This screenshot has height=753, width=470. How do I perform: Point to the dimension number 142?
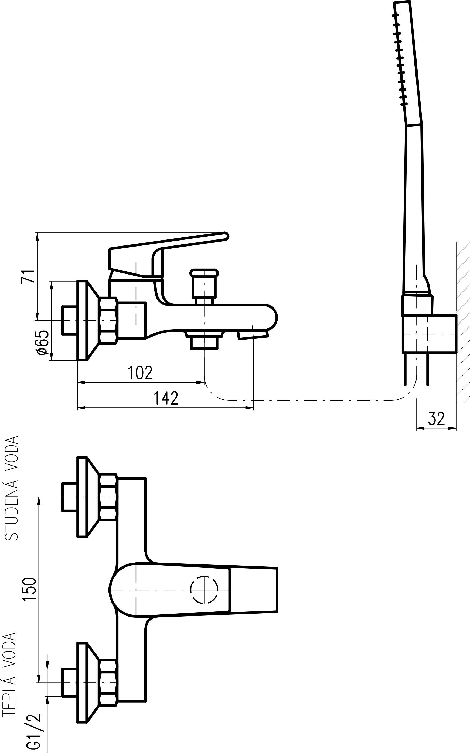pos(166,398)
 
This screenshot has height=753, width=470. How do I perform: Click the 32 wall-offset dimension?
pos(437,419)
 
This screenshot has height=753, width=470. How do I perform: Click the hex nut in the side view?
pos(109,320)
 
